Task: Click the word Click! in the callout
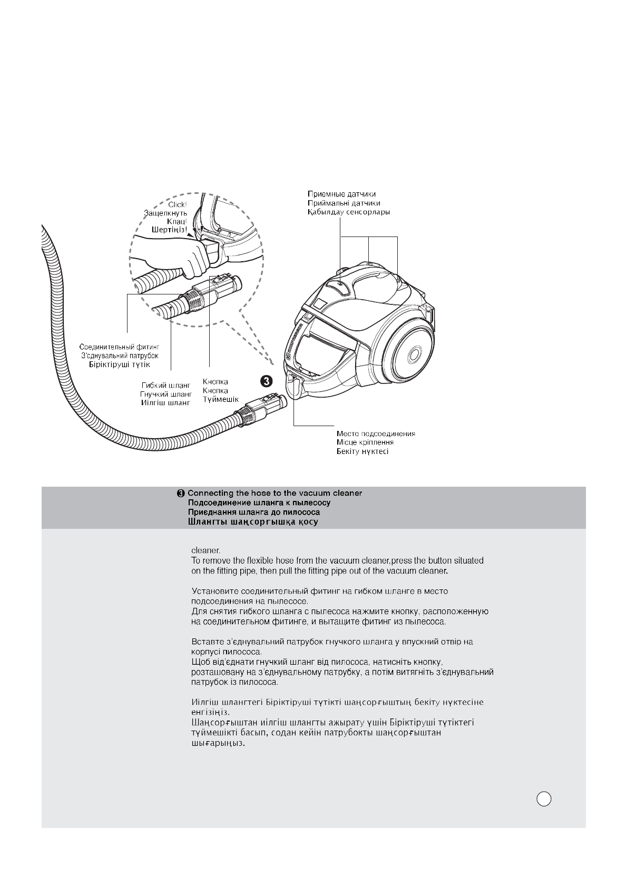[177, 204]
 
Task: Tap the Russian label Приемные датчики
[341, 194]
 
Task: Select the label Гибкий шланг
[165, 386]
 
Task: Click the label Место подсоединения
[376, 433]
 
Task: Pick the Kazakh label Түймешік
[221, 399]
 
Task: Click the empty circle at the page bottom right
[544, 799]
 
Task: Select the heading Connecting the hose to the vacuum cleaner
[275, 493]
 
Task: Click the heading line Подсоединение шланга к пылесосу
[259, 502]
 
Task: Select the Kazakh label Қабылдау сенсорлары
[349, 212]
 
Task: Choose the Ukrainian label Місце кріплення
[365, 442]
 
